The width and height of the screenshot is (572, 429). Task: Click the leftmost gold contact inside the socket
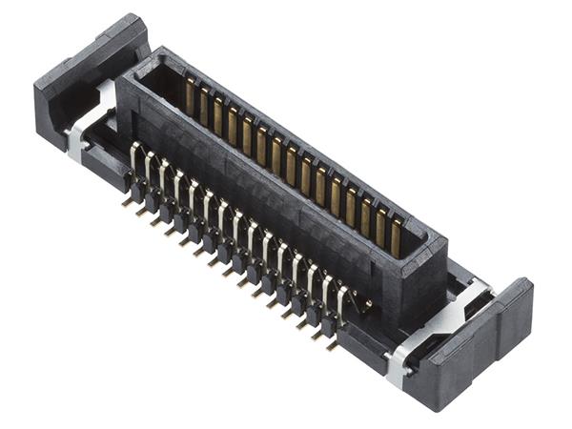click(x=190, y=96)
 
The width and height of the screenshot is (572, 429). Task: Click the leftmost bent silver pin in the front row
click(x=134, y=157)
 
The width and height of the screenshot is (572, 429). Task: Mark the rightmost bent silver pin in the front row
click(x=341, y=300)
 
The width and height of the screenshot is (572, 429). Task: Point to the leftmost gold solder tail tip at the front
click(x=126, y=202)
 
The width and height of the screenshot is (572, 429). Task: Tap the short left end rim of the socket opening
click(x=143, y=69)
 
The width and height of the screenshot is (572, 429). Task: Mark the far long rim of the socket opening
click(x=305, y=133)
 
